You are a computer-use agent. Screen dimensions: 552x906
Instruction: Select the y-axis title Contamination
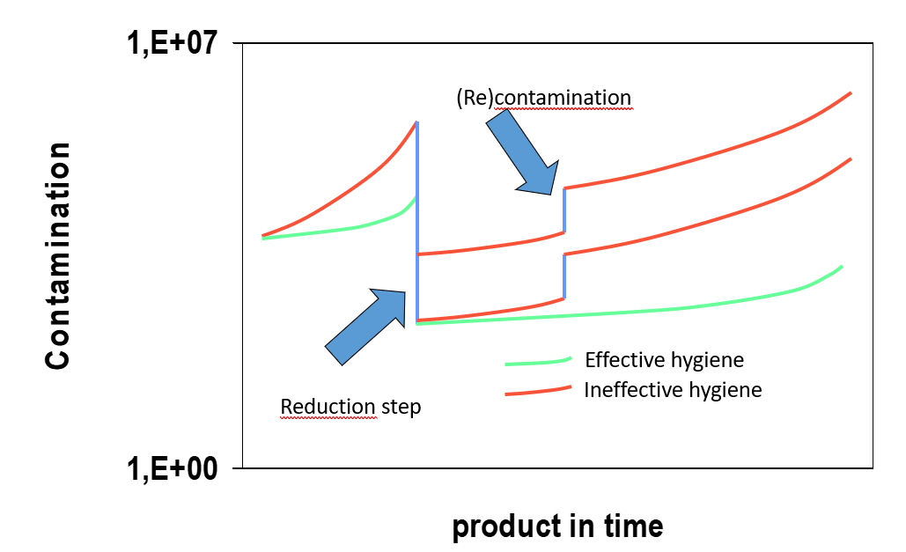[59, 255]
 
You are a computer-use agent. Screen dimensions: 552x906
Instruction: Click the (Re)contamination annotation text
[543, 97]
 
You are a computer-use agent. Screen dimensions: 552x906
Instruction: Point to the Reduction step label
[350, 407]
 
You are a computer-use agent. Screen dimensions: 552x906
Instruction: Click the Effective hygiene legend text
[664, 360]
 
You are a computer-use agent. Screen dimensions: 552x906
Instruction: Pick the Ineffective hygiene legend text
[673, 389]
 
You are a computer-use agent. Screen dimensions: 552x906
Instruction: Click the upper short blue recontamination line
[563, 210]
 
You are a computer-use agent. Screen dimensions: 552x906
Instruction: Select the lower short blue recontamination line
[563, 277]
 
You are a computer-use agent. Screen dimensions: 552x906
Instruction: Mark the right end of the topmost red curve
[850, 92]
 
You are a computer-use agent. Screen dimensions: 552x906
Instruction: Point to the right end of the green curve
[843, 266]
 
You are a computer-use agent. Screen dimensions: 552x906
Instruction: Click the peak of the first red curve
[416, 122]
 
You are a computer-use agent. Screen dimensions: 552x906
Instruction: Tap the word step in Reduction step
[401, 407]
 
